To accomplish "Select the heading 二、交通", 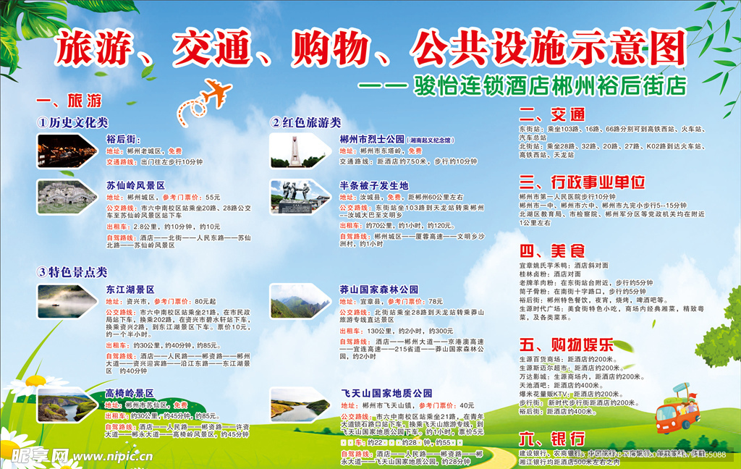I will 552,114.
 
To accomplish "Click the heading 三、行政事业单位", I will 582,181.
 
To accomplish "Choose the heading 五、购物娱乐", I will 567,343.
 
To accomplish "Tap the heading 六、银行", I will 552,439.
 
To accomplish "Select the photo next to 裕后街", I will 67,150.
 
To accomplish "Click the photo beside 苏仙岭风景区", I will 67,195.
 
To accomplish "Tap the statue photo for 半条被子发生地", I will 299,196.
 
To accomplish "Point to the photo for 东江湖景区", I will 67,301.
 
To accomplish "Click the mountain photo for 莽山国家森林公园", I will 299,301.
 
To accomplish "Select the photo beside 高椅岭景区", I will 67,405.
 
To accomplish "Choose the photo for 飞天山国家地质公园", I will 299,405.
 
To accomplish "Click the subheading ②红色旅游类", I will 305,122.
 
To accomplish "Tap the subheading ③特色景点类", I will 72,272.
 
